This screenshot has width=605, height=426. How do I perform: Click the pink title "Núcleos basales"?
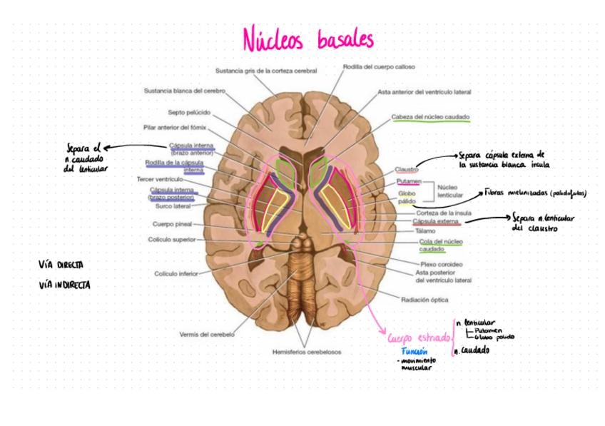[x=307, y=39]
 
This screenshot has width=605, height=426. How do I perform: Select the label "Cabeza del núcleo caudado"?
[x=430, y=116]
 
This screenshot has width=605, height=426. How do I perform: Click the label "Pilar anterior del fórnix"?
[x=175, y=128]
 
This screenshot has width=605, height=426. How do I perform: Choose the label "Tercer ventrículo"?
[x=160, y=178]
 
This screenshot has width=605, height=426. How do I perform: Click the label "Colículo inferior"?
[x=176, y=273]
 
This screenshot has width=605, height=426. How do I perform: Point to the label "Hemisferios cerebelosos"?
[x=307, y=352]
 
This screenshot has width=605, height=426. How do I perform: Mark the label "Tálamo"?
[x=424, y=231]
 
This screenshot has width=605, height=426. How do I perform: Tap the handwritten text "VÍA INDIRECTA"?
[x=65, y=285]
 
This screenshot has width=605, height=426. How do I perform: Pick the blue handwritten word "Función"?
[x=414, y=352]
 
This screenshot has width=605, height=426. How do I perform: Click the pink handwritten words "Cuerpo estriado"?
[x=420, y=337]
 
